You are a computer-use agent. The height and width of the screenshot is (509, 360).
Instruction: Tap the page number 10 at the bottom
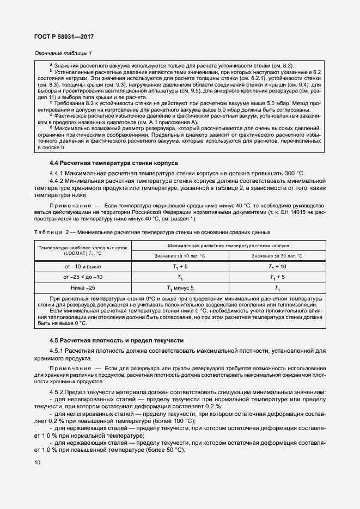click(x=38, y=463)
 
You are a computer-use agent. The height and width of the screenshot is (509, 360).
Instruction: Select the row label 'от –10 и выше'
click(x=83, y=267)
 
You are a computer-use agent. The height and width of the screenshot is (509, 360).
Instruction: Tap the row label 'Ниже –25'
click(x=83, y=288)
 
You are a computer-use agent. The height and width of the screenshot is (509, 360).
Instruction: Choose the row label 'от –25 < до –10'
click(x=83, y=277)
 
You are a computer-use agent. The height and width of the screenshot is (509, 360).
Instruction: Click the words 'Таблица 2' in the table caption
click(x=53, y=232)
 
